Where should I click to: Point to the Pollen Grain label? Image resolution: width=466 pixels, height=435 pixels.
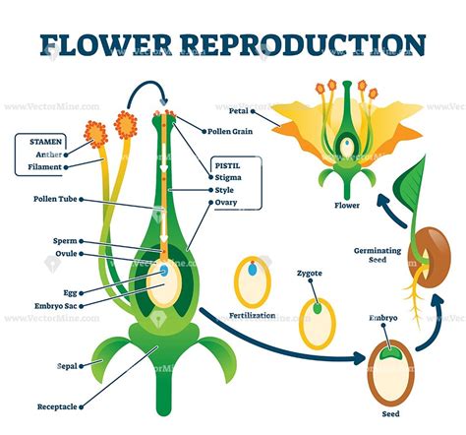click(233, 130)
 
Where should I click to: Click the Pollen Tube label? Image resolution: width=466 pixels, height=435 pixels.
click(49, 199)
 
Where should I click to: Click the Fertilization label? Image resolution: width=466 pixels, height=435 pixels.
click(252, 317)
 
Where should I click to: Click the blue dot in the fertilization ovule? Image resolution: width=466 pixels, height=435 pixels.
click(253, 268)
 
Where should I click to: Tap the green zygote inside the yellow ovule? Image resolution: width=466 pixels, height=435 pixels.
click(317, 308)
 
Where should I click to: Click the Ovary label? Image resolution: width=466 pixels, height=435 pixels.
click(226, 202)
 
